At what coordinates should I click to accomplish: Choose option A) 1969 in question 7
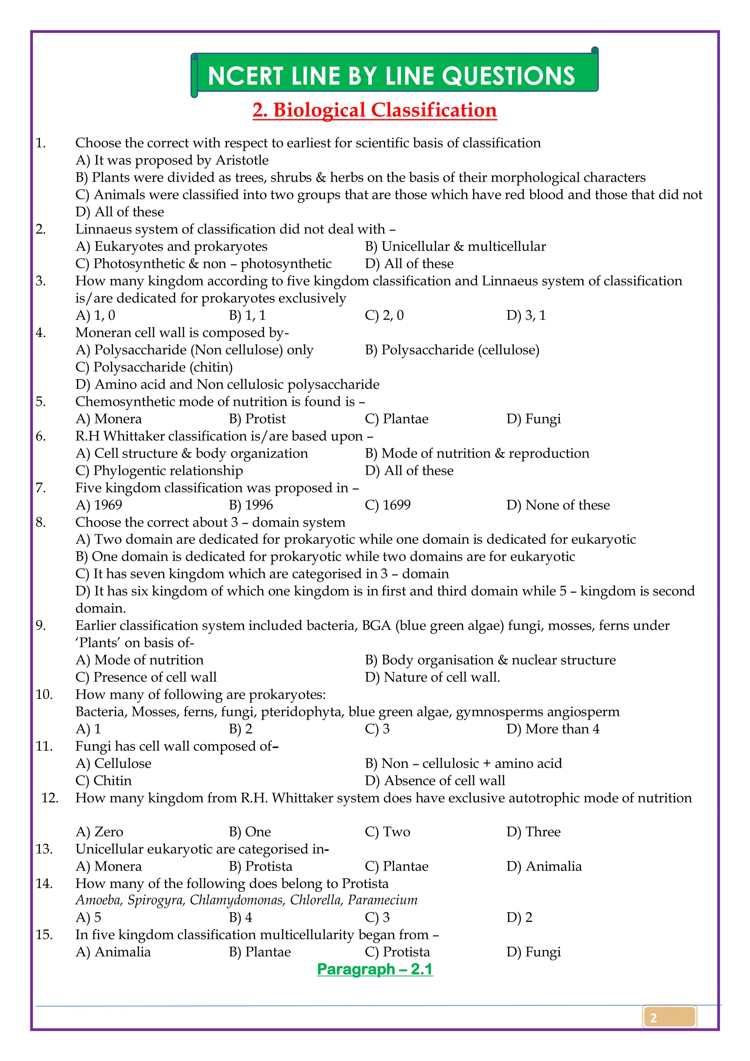[99, 505]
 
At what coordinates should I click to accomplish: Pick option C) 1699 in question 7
[387, 505]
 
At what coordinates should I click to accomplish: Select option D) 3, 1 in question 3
[526, 316]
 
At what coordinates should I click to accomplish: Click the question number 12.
[49, 798]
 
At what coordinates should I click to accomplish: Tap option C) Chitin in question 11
[104, 781]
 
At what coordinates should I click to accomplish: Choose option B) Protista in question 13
[261, 867]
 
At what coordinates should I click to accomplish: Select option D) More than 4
[553, 729]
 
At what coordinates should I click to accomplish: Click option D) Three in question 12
[533, 832]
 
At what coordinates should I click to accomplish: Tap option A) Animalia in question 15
[113, 952]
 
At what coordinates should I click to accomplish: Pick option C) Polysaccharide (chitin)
[154, 367]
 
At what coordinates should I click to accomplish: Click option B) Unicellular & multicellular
[455, 247]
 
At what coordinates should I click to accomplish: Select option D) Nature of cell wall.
[432, 678]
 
